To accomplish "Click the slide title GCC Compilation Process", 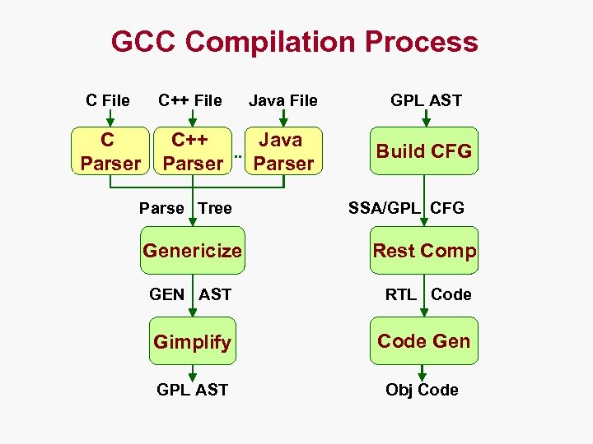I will point(294,41).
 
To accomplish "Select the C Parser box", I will point(110,151).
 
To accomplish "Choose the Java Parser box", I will point(283,151).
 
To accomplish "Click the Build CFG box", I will point(423,151).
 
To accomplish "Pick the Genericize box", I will point(193,250).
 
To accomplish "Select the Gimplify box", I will point(192,341).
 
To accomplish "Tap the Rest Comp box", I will point(424,251).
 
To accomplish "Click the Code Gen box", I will point(423,340).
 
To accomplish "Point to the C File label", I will point(108,101).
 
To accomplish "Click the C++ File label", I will point(190,101).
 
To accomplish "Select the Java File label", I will point(283,101).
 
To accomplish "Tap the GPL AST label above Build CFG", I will point(426,101).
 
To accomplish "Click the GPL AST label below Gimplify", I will point(192,390).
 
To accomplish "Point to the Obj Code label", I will point(422,390).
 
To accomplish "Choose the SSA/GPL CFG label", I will point(406,208).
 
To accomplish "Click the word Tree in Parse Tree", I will point(215,208).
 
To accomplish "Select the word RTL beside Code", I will point(401,294).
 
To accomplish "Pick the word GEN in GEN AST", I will point(167,294).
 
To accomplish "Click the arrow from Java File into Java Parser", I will point(283,119).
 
